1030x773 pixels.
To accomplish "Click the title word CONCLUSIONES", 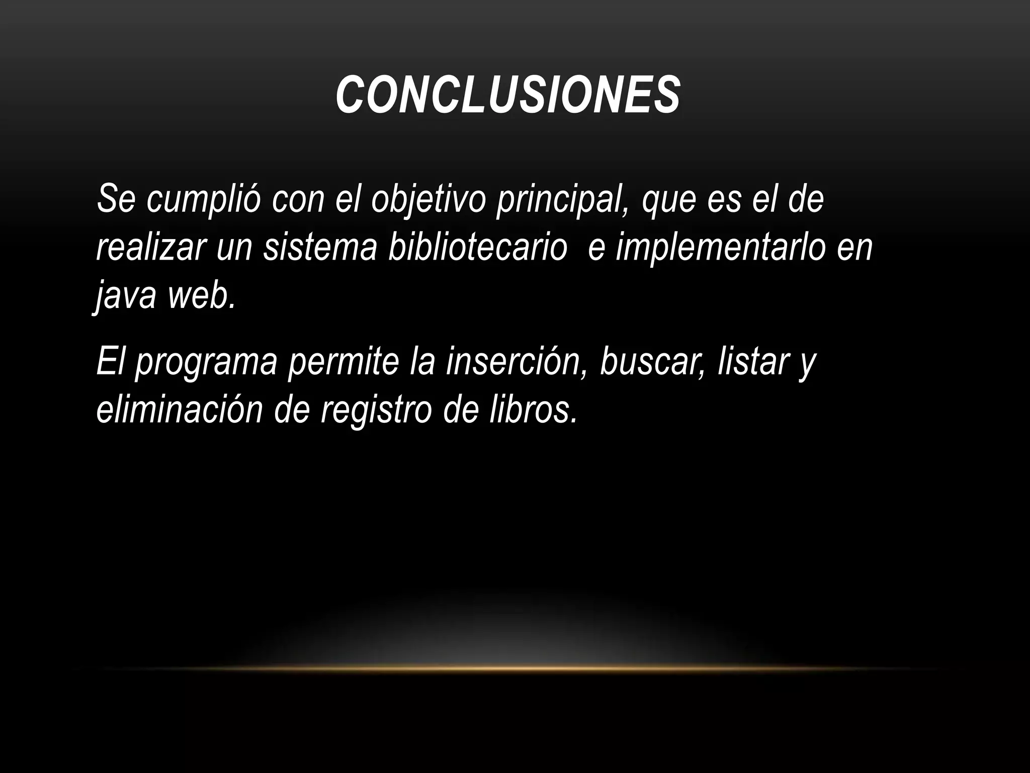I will point(508,95).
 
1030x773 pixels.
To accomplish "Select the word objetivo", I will point(428,199).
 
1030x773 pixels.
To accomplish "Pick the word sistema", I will point(320,247).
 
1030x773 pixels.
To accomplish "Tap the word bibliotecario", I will point(477,247).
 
